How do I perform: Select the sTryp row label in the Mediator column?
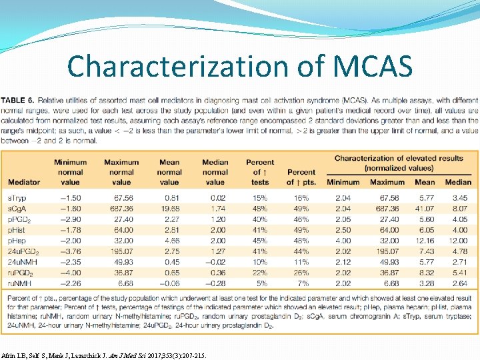tap(17, 199)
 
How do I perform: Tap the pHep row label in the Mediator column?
tap(17, 241)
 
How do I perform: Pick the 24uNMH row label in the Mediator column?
tap(23, 262)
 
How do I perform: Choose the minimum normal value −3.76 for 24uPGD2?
tap(71, 251)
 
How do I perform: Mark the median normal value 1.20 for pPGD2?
tap(216, 219)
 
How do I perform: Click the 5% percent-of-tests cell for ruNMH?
tap(260, 283)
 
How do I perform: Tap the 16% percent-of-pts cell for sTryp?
tap(301, 199)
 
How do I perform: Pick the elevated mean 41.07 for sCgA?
tap(425, 209)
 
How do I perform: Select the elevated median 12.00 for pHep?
tap(457, 241)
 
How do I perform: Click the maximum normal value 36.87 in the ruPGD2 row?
tap(121, 272)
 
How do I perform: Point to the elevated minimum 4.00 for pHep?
tap(343, 241)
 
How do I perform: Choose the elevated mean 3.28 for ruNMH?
tap(427, 283)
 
